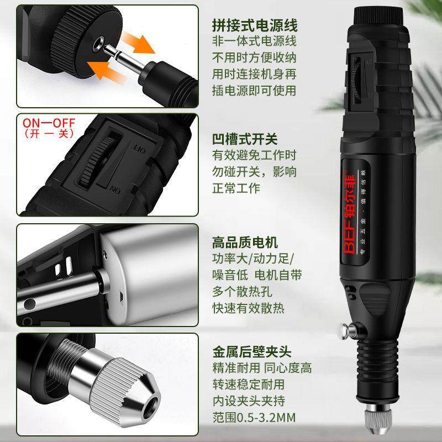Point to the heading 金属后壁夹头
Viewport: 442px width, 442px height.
click(x=251, y=351)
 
